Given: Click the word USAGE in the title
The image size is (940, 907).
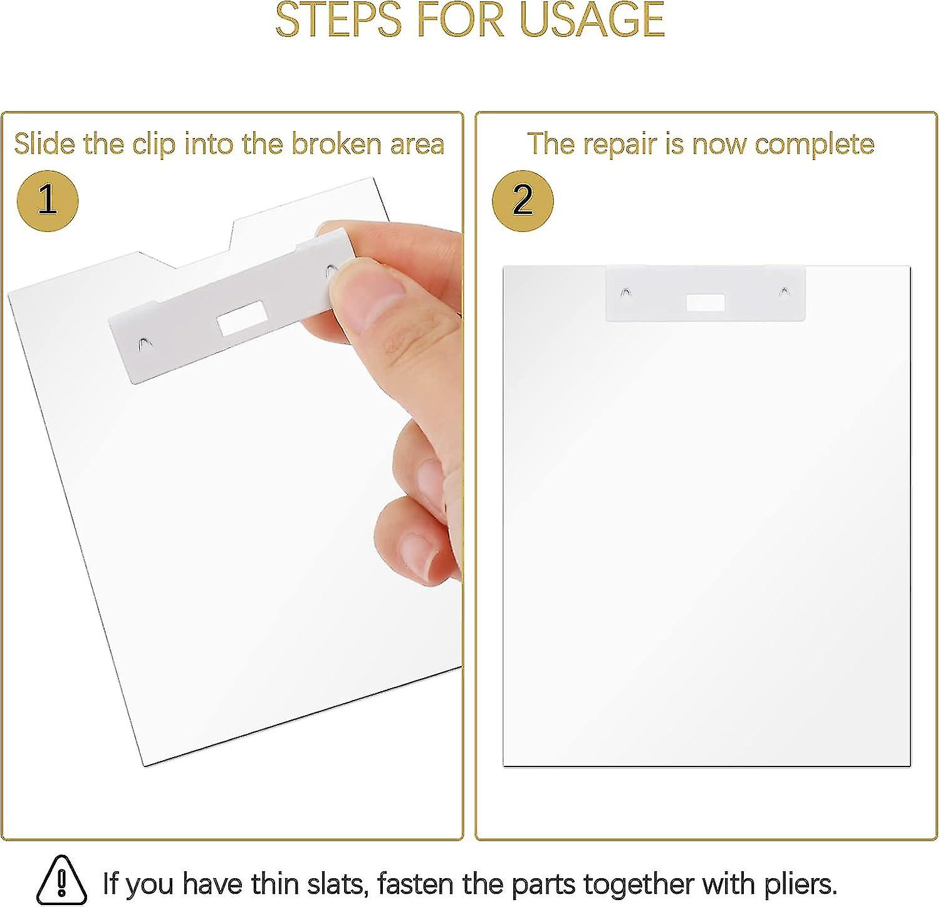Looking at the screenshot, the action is pyautogui.click(x=592, y=19).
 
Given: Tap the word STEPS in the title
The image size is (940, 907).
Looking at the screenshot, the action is pyautogui.click(x=339, y=19).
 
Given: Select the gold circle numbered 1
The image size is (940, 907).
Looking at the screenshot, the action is pyautogui.click(x=48, y=201).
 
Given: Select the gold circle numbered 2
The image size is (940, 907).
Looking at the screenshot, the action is pyautogui.click(x=523, y=201).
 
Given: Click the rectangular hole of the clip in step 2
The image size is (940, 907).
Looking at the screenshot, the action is pyautogui.click(x=705, y=303).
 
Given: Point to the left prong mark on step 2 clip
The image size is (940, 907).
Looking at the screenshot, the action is pyautogui.click(x=625, y=292).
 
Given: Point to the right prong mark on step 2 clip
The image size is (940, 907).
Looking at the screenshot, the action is pyautogui.click(x=783, y=291).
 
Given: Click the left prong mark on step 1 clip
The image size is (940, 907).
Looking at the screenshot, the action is pyautogui.click(x=144, y=343).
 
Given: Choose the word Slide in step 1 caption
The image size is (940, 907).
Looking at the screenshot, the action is pyautogui.click(x=45, y=144).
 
